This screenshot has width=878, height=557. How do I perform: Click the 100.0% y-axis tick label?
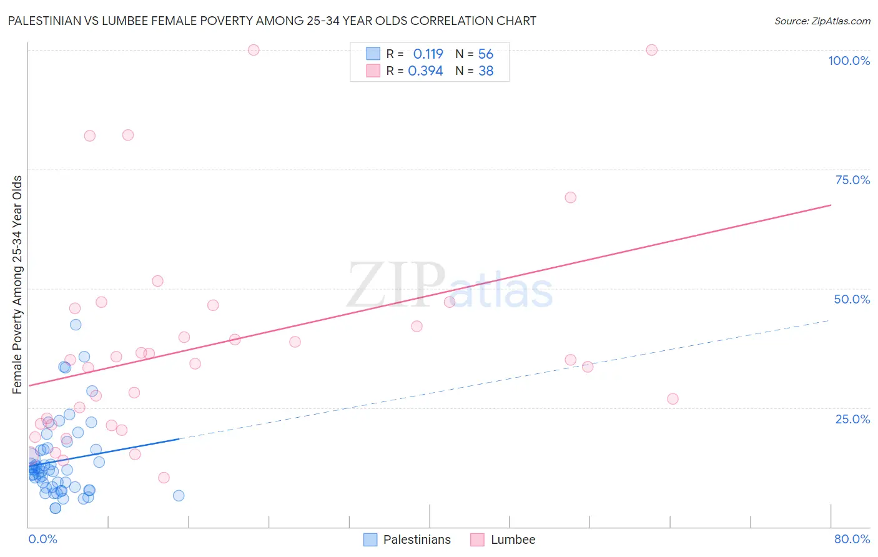[849, 61]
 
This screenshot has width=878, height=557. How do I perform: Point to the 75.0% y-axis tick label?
[852, 180]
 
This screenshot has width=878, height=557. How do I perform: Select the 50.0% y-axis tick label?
[852, 299]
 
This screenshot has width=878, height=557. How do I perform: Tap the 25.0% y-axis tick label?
[852, 419]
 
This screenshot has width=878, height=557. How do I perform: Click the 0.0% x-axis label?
[42, 539]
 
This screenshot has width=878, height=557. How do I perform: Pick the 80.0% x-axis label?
[852, 539]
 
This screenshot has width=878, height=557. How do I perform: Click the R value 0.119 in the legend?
[428, 54]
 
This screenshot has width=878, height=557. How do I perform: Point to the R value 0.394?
[425, 71]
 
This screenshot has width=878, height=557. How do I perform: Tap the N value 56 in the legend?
[485, 54]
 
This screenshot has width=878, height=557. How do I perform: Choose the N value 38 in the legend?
[485, 71]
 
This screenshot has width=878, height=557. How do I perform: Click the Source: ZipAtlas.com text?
[822, 21]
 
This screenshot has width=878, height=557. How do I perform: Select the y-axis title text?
[17, 285]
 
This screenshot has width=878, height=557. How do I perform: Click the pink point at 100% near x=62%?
[651, 50]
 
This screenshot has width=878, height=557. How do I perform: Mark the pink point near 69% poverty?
[570, 197]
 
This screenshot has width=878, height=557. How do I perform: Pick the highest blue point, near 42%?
[76, 325]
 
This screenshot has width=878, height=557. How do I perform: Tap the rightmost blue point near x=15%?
[179, 496]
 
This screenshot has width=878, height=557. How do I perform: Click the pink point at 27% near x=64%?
[673, 399]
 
